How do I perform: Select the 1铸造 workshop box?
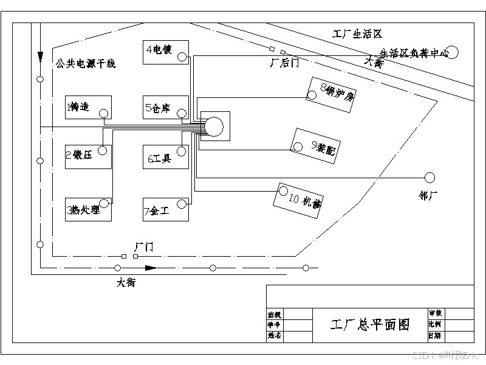88,107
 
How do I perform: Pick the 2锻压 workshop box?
88,156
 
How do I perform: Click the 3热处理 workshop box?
88,209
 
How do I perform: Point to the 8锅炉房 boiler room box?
331,94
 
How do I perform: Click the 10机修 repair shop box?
299,200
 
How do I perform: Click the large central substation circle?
213,127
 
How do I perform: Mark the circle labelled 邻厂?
430,177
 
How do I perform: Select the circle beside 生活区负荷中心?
453,52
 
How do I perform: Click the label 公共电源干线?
85,63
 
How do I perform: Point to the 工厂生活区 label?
358,34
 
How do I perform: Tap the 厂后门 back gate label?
283,62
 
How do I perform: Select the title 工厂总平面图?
369,324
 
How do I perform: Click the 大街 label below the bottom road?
126,282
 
